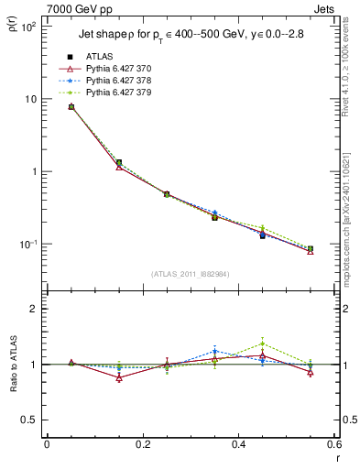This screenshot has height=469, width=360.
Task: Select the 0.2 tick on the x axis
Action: (x=142, y=444)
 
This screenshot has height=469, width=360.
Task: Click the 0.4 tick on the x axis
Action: (x=238, y=444)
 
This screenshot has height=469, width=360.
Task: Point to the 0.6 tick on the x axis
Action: (x=333, y=444)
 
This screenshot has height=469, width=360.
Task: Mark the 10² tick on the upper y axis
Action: (x=29, y=27)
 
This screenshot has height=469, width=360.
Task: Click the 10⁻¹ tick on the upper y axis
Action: (x=29, y=245)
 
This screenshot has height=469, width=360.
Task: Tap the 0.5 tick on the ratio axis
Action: (x=29, y=420)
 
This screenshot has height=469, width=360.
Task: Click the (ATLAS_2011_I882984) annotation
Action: (x=190, y=274)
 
